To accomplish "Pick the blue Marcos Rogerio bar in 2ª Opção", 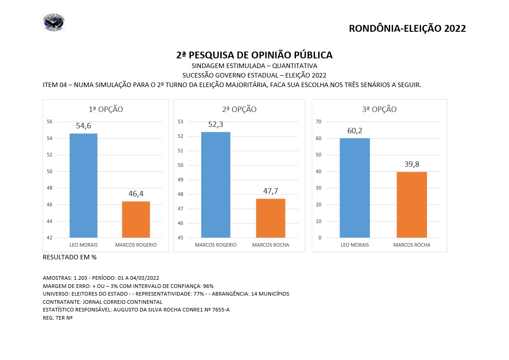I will click(x=216, y=185).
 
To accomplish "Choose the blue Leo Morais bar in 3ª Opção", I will click(x=355, y=188).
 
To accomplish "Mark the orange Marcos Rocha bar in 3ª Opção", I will click(x=412, y=204).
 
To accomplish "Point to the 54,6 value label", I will click(x=83, y=126).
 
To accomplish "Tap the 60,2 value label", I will click(x=354, y=131).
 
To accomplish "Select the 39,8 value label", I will click(x=412, y=164).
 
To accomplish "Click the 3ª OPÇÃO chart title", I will click(x=379, y=109).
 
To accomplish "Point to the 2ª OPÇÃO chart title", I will click(x=239, y=109).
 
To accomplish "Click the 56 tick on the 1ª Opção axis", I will click(x=50, y=122).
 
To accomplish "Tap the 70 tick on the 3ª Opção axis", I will click(x=319, y=122).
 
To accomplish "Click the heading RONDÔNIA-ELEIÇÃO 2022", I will click(x=407, y=29).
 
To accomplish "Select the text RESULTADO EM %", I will click(x=69, y=257).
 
